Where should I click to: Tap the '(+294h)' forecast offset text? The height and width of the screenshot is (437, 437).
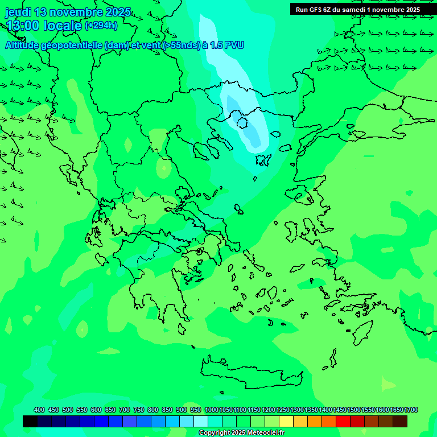tap(101, 25)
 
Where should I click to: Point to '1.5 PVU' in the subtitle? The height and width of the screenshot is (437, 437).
tap(226, 45)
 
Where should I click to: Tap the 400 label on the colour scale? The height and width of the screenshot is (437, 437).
tap(39, 410)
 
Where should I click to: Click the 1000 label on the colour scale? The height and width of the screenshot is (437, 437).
tap(212, 410)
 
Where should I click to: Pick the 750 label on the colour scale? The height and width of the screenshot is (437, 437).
tap(139, 410)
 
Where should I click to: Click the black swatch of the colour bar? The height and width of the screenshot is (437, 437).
tap(30, 422)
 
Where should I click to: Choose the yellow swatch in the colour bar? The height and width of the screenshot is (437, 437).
tap(286, 422)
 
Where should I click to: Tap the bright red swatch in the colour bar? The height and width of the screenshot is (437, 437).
tap(343, 422)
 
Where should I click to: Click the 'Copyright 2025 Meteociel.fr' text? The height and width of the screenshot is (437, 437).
tap(241, 433)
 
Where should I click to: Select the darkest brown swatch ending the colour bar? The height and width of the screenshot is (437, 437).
tap(400, 422)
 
